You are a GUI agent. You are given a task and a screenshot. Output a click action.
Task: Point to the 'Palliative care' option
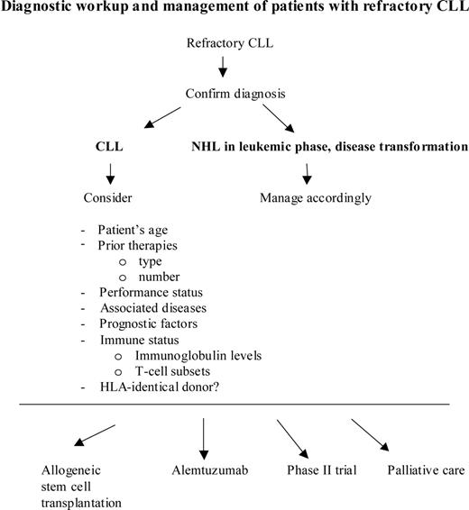click(x=421, y=470)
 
